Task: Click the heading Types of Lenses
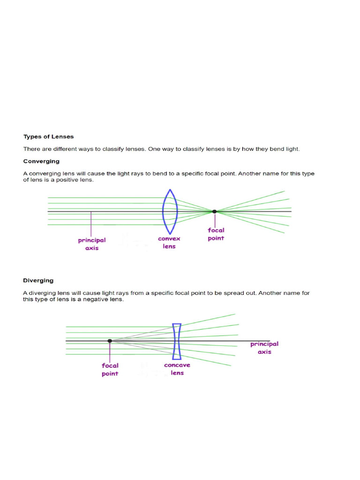click(49, 137)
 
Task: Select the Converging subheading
click(41, 161)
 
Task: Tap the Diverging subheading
click(38, 281)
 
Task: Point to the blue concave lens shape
click(177, 341)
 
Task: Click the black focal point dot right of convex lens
click(214, 211)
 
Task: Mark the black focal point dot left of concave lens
click(110, 341)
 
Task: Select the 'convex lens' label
click(169, 242)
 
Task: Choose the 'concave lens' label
click(177, 369)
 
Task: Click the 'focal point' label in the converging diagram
click(216, 234)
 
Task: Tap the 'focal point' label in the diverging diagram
click(110, 369)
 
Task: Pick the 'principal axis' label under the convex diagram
click(92, 244)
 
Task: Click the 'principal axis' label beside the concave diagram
click(264, 348)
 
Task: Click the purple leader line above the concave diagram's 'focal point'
click(110, 351)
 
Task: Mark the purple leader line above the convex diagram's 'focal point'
click(215, 220)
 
